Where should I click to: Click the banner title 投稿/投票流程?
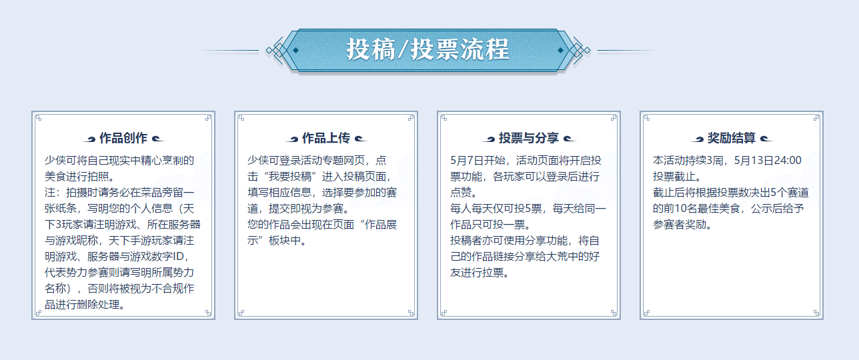coord(427,49)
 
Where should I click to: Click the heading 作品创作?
coord(123,138)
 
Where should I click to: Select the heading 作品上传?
coord(326,138)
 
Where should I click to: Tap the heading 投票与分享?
coord(529,138)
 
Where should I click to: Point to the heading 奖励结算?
coord(732,138)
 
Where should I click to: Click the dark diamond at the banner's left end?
coord(295,50)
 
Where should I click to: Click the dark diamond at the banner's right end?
coord(560,50)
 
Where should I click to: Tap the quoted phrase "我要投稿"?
coord(289,177)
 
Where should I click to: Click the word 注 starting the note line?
coord(50,193)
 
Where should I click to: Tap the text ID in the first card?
coord(178,257)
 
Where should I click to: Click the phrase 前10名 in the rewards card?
coord(680,209)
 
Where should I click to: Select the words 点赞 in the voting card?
coord(461,193)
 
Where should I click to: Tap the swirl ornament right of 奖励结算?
coord(767,139)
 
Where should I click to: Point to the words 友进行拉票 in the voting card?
coord(477,273)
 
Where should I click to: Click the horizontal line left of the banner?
coord(229,50)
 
